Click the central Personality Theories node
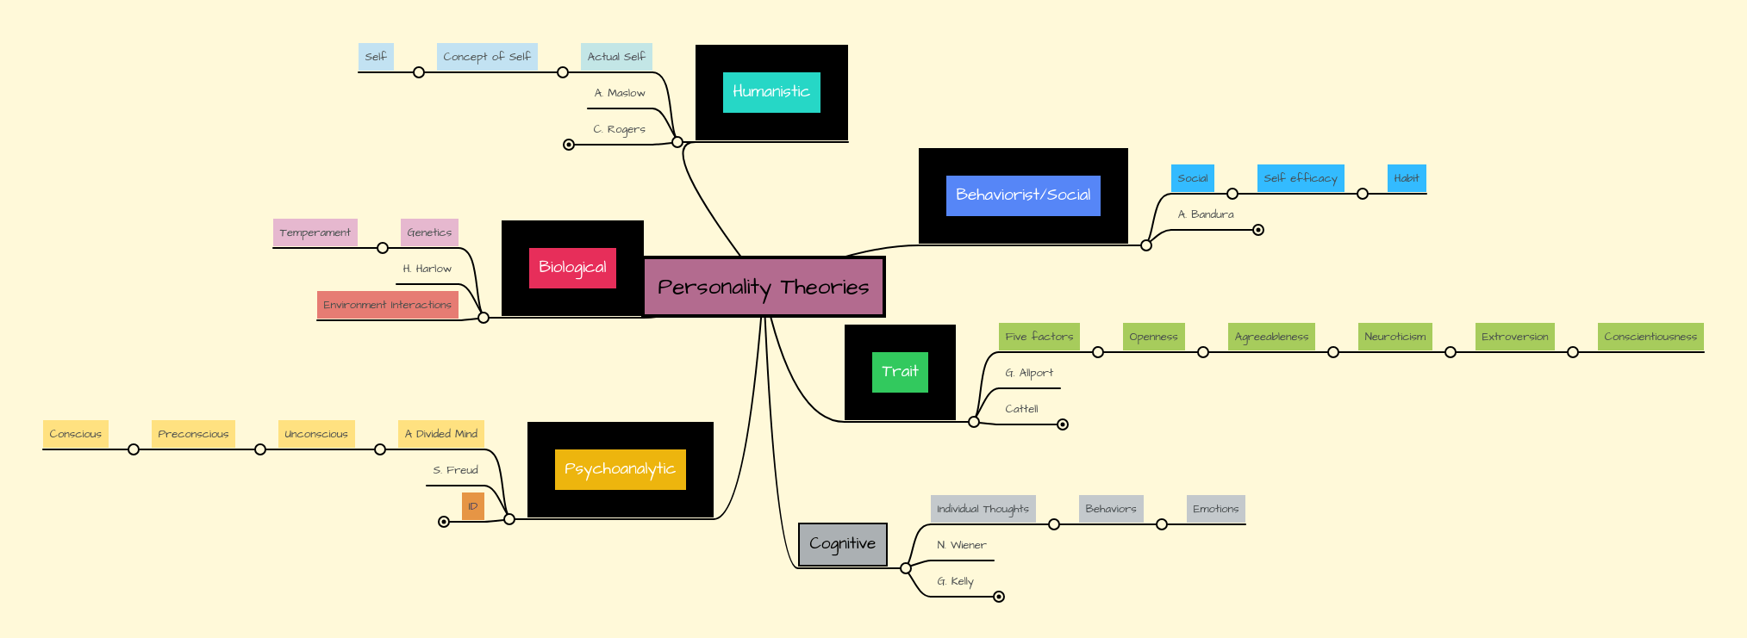tap(764, 287)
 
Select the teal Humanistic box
tap(771, 92)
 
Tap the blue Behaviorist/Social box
tap(1023, 195)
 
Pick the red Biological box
tap(572, 268)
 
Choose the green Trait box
tap(900, 372)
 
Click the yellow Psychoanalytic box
tap(620, 469)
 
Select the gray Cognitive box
tap(842, 544)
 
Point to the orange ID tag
tap(472, 506)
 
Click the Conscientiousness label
tap(1650, 337)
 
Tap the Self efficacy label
tap(1300, 178)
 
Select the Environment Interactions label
tap(387, 305)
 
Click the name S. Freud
tap(455, 470)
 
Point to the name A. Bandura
tap(1206, 214)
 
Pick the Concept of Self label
tap(486, 57)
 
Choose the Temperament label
tap(315, 232)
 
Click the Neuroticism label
tap(1394, 337)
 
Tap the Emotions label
tap(1215, 509)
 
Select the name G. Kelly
tap(955, 581)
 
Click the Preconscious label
tap(193, 434)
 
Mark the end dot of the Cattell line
tap(1063, 424)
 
